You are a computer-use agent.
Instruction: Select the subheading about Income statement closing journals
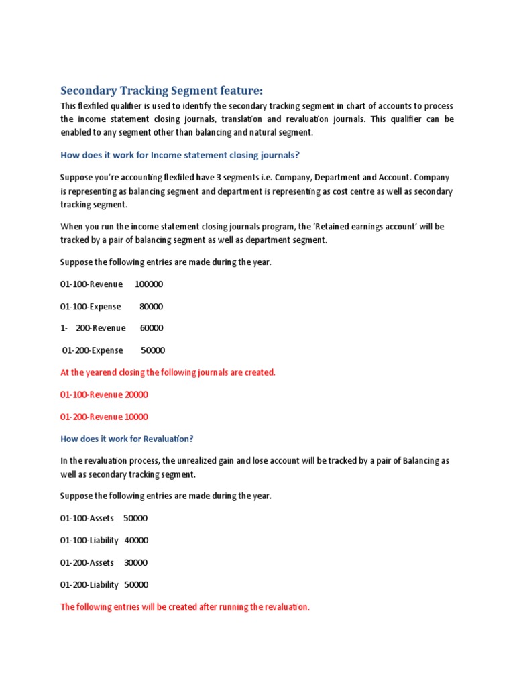[180, 155]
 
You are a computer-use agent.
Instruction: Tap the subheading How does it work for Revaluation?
[127, 439]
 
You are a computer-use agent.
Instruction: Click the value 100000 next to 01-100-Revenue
[149, 284]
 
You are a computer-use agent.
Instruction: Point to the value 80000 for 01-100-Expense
[151, 307]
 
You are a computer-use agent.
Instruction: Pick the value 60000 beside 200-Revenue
[151, 328]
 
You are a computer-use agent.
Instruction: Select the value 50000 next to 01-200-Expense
[152, 350]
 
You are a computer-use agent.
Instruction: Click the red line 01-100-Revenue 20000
[104, 394]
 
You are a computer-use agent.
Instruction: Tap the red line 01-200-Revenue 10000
[104, 417]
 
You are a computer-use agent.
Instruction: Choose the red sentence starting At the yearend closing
[168, 372]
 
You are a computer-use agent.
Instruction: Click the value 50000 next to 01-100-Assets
[135, 519]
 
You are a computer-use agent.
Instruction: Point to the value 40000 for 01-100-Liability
[137, 541]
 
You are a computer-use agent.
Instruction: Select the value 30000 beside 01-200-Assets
[136, 563]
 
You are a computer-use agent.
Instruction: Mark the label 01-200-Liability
[89, 585]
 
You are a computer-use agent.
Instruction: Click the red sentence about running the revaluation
[185, 607]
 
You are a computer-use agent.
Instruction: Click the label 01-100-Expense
[91, 307]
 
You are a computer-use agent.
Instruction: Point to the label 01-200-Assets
[87, 563]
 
